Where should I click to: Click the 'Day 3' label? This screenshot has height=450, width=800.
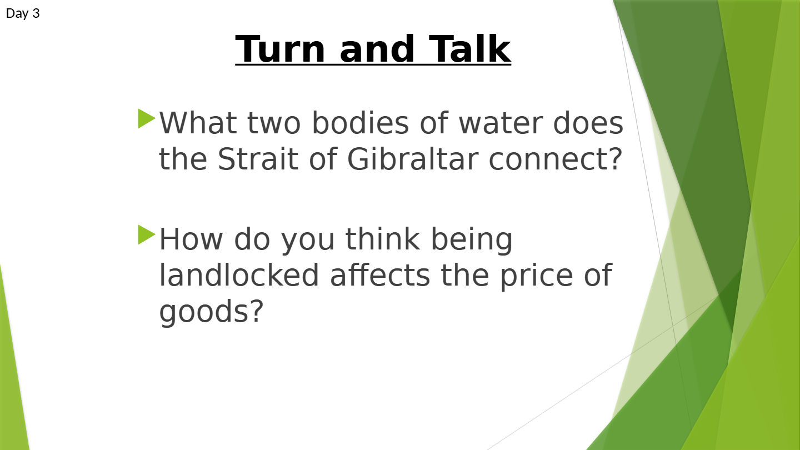(23, 13)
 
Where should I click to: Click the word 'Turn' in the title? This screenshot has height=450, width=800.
(280, 49)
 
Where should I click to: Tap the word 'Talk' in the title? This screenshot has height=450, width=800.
(469, 49)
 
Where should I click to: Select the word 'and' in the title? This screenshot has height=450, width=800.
(377, 49)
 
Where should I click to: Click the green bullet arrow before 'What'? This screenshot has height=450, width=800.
(147, 118)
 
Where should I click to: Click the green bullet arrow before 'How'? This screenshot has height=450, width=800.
(147, 234)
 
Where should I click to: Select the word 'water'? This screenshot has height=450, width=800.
(501, 123)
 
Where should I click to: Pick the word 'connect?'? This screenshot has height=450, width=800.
(556, 159)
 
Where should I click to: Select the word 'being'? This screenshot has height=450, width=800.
(472, 241)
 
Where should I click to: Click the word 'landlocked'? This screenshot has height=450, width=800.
(238, 274)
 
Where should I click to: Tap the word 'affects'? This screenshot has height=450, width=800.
(380, 274)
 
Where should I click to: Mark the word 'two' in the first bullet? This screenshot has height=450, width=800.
(274, 124)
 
